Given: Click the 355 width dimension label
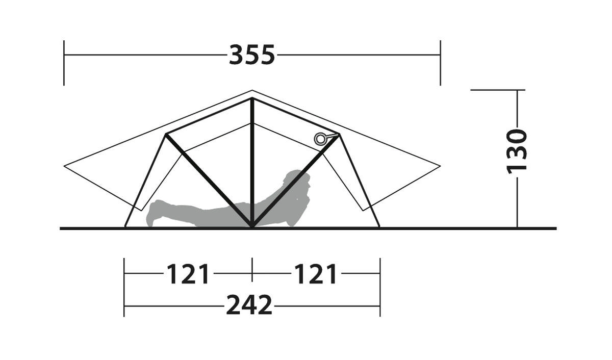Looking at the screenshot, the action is tap(252, 55).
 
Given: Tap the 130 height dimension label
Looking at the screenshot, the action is tap(517, 151).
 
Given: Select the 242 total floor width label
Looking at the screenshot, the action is tap(249, 305).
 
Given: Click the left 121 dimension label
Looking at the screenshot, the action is tap(188, 274).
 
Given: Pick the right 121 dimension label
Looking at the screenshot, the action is tap(316, 274).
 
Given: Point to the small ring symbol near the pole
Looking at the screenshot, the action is tap(320, 139).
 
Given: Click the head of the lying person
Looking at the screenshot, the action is tap(298, 181).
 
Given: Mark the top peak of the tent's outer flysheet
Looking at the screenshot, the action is tap(252, 90).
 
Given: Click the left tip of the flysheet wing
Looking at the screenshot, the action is tap(64, 166).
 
